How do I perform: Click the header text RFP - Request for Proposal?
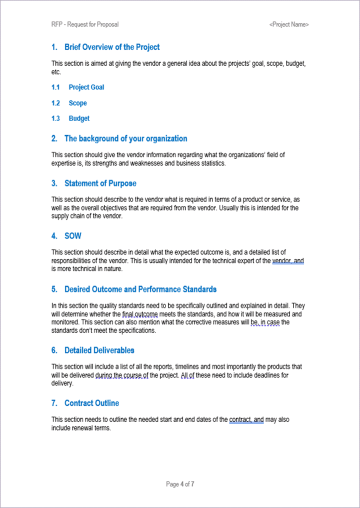point(84,24)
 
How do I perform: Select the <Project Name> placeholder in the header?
point(288,24)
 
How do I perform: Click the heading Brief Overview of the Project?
point(112,47)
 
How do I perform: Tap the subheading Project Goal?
point(86,87)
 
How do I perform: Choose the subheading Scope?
point(78,103)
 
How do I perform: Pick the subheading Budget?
point(79,118)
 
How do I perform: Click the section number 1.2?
point(55,103)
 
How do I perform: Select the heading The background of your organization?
point(125,138)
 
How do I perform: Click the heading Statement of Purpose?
point(100,183)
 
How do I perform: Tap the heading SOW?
point(73,235)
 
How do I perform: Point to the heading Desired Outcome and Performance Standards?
point(140,289)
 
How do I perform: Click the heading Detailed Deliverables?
point(99,350)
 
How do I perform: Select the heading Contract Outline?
point(91,403)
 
